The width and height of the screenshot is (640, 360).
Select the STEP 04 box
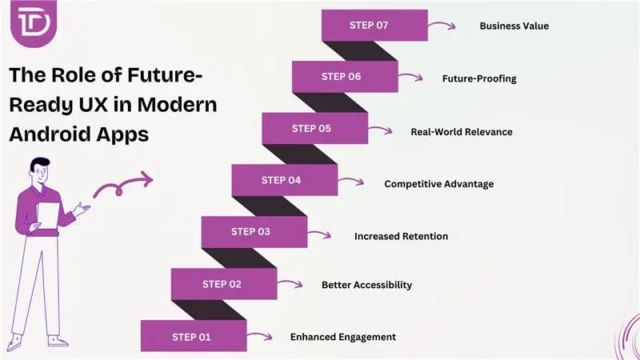pyautogui.click(x=284, y=180)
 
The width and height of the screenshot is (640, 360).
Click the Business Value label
pyautogui.click(x=514, y=26)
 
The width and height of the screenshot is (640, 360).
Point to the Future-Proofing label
pyautogui.click(x=479, y=78)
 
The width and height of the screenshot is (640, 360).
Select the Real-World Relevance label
pyautogui.click(x=461, y=131)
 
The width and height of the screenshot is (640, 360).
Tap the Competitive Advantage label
pyautogui.click(x=438, y=184)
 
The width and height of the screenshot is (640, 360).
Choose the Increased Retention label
pyautogui.click(x=401, y=236)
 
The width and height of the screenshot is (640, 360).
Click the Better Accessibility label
pyautogui.click(x=366, y=285)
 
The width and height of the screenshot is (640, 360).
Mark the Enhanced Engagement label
pyautogui.click(x=342, y=337)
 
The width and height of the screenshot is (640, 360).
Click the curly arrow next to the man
pyautogui.click(x=122, y=186)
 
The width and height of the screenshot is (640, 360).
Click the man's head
pyautogui.click(x=40, y=170)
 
